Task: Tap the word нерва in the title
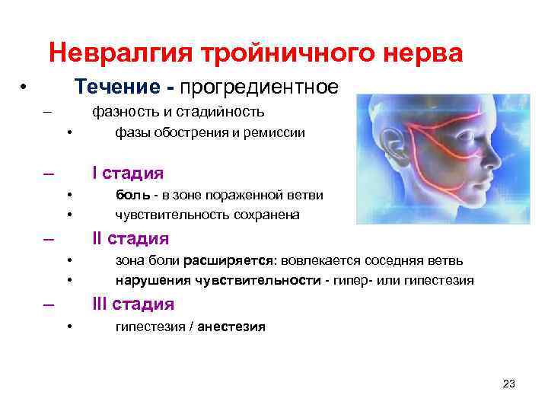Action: (422, 54)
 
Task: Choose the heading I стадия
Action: (127, 173)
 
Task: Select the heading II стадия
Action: (130, 239)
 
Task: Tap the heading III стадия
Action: (133, 304)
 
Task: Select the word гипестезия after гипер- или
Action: (439, 281)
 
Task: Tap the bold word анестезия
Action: (231, 327)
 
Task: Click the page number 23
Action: (509, 384)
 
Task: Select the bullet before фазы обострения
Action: (68, 134)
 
